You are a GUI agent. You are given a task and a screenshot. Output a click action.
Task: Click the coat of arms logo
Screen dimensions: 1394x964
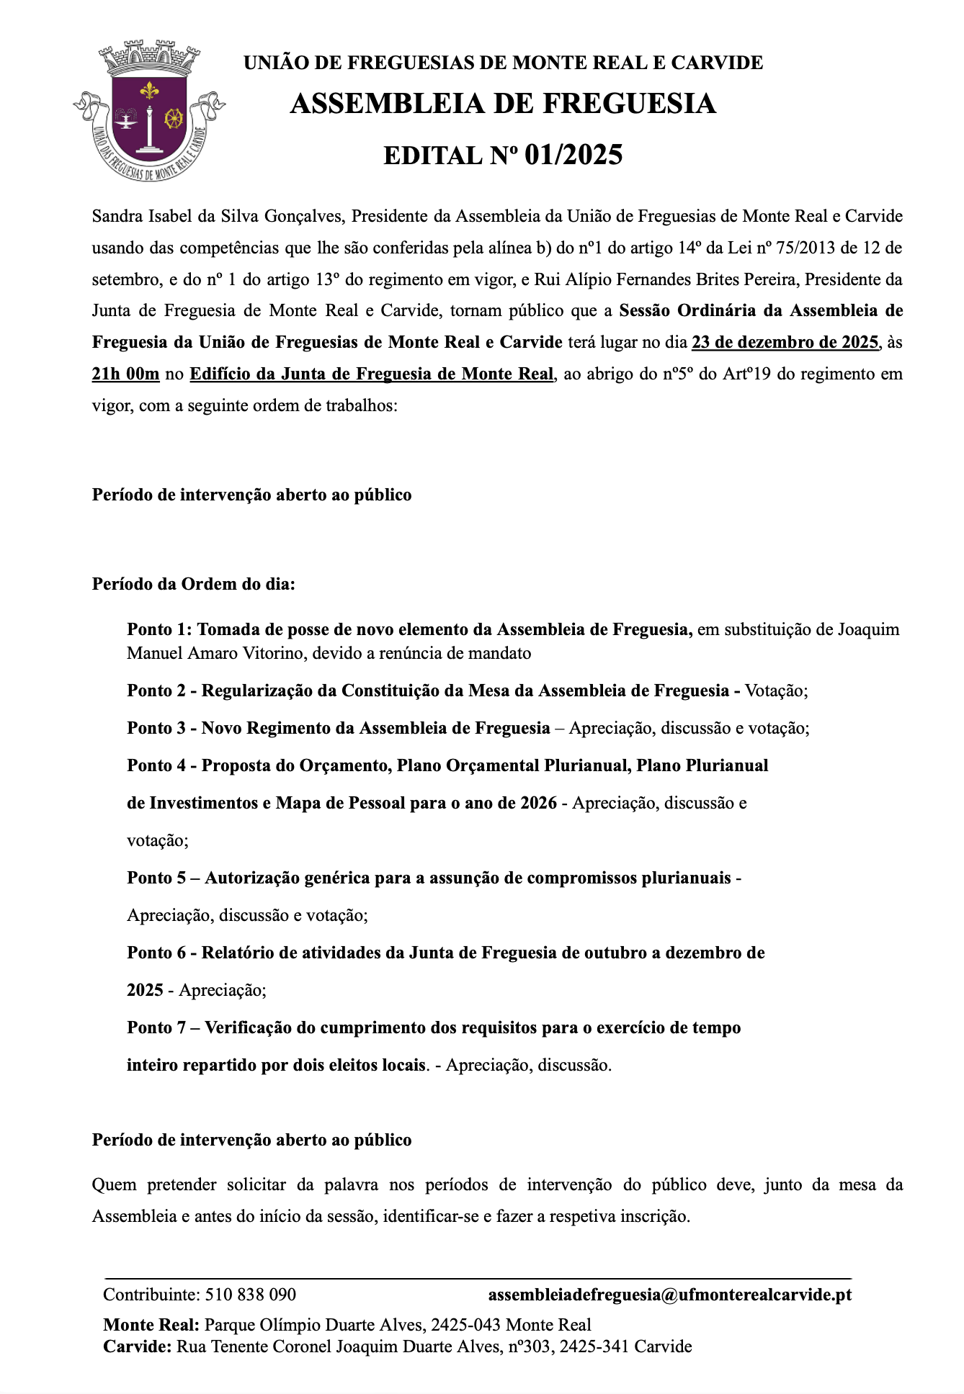pos(149,112)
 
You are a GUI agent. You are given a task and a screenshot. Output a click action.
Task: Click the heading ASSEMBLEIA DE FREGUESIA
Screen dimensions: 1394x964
pos(503,104)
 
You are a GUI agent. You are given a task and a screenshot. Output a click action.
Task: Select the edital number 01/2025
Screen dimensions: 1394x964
pos(574,156)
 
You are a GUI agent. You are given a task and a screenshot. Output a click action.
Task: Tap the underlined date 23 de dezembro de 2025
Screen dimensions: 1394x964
pos(785,342)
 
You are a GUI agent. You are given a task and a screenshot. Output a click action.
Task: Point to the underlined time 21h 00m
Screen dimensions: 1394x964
pos(125,374)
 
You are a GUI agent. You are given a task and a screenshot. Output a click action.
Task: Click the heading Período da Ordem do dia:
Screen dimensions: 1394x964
pos(194,584)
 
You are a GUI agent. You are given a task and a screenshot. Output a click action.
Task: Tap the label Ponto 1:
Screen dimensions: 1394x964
pos(160,630)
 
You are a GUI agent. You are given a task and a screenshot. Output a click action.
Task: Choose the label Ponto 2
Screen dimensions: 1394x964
pos(156,691)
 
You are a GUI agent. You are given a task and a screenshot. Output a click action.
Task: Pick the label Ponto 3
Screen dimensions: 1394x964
pos(156,728)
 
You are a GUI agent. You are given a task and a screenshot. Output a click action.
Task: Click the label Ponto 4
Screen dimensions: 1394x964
pos(156,765)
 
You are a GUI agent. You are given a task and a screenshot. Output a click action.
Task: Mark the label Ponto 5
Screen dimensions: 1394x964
pos(156,878)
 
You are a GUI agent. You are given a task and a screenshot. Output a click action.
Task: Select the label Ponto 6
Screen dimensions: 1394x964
pos(156,953)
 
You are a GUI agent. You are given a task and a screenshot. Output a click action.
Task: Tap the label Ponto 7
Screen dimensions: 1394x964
pos(156,1027)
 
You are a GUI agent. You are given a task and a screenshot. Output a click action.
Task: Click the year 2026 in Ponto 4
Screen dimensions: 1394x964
pos(538,803)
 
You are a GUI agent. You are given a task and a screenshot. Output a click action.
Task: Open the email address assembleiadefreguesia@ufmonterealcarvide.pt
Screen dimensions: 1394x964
pos(670,1295)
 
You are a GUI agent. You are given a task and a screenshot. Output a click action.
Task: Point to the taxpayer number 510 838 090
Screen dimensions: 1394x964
pos(251,1295)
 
